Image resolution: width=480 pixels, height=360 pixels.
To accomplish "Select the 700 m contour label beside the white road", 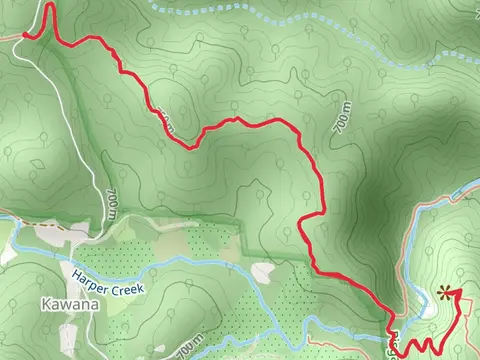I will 109,204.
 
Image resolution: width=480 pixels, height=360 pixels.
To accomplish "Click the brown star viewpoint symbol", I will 444,293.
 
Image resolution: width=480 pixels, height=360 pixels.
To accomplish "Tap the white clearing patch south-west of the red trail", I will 263,271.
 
